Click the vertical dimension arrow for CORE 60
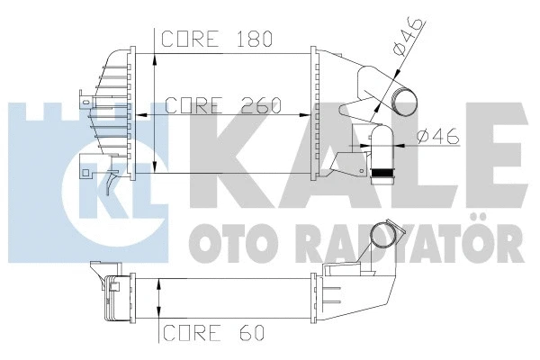point(158,296)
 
